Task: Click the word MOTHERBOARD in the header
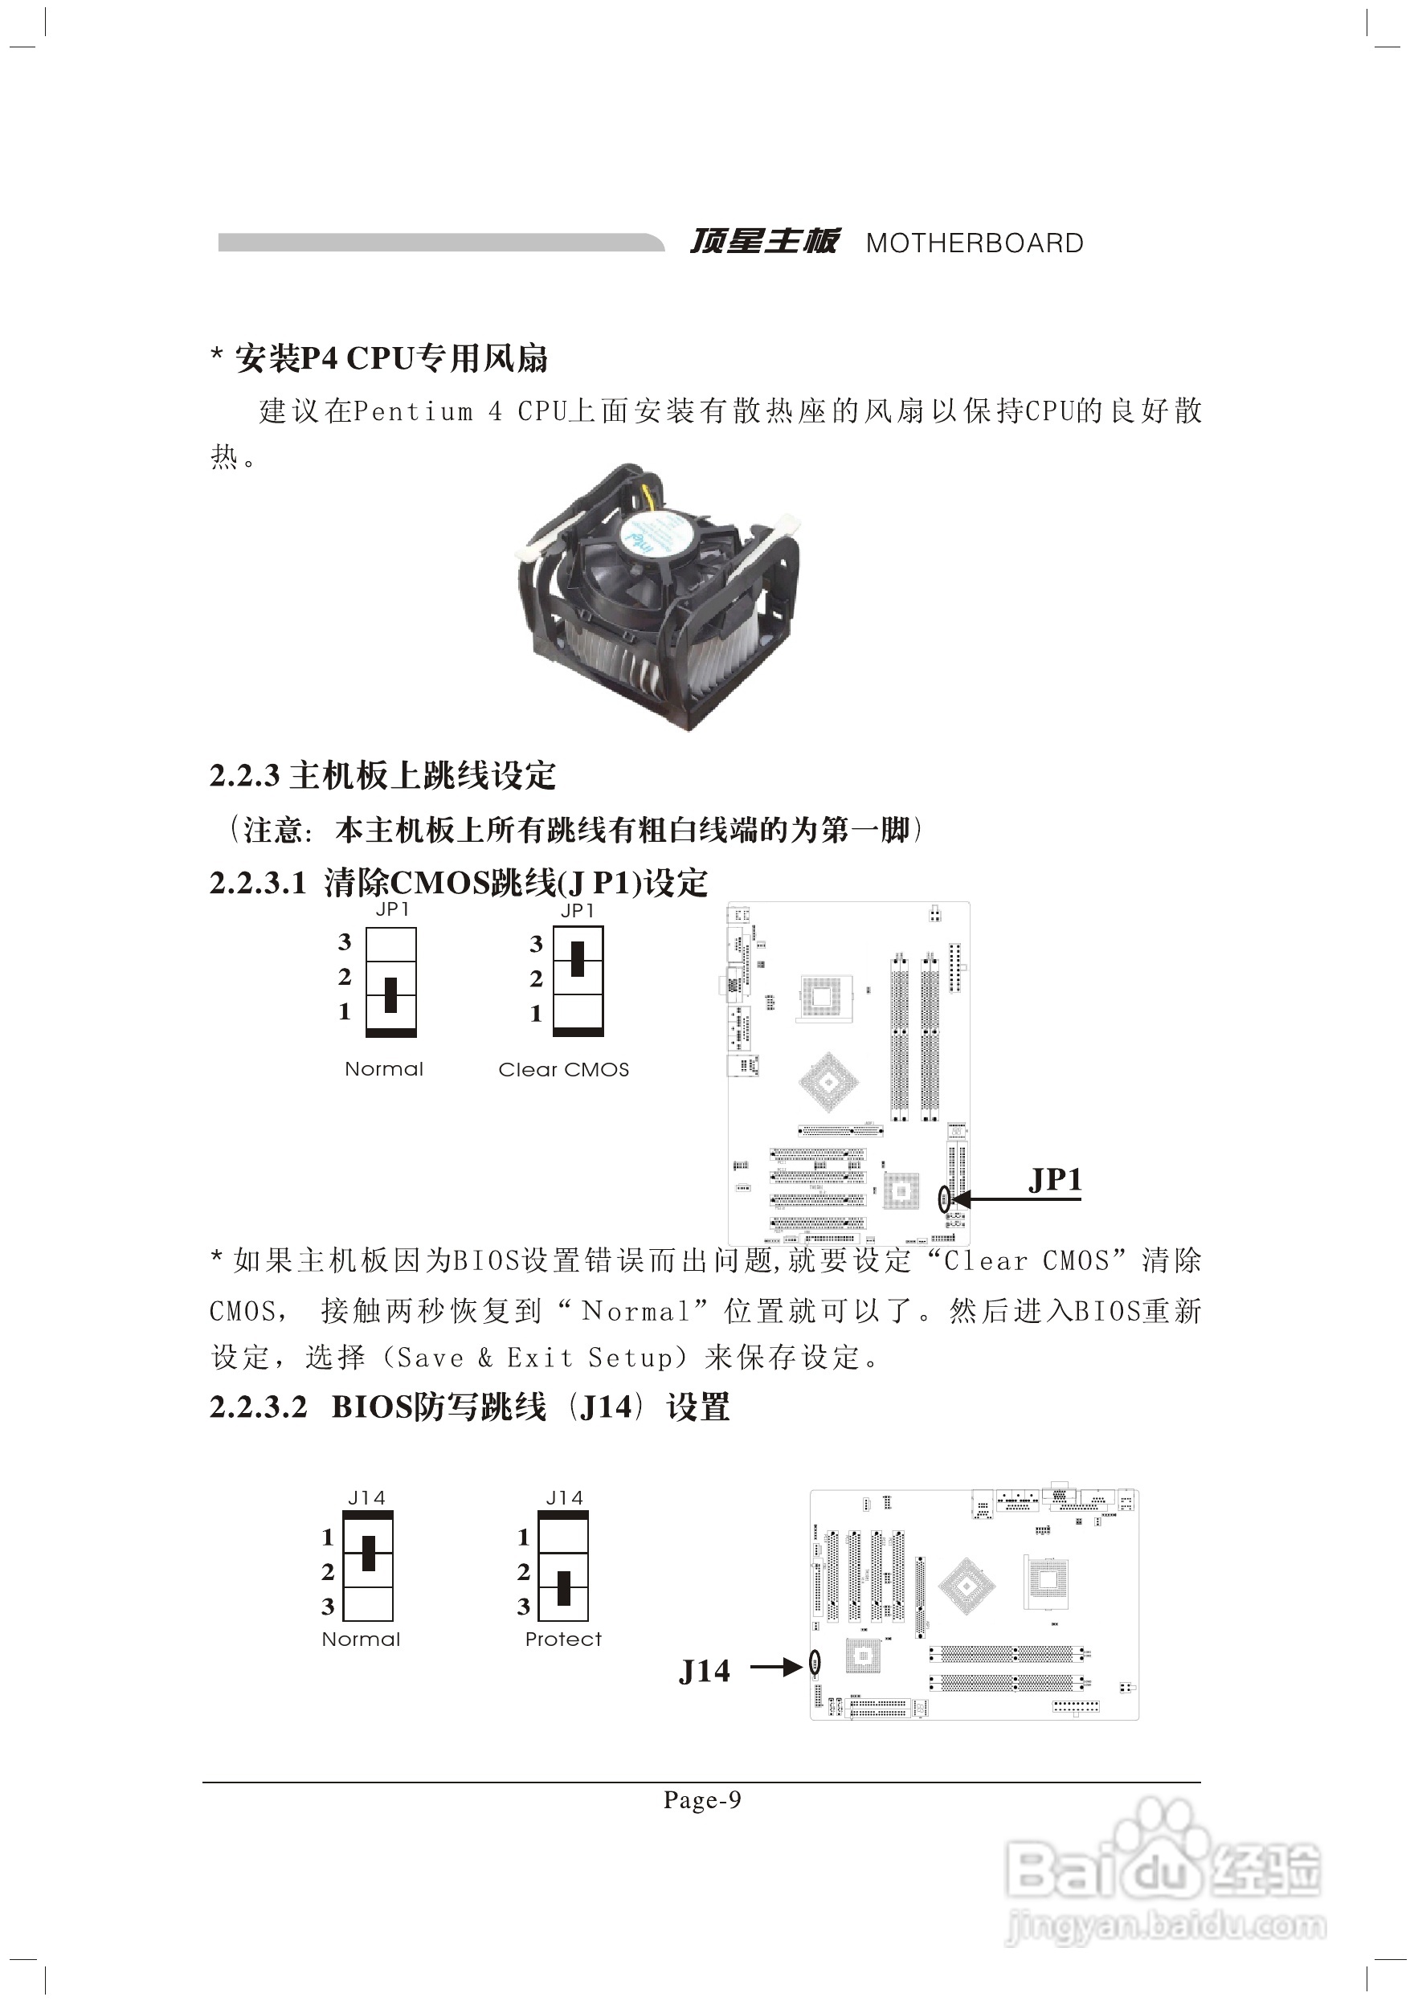pos(974,243)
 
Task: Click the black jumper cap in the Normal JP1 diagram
pos(390,994)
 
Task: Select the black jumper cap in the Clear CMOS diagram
pos(578,959)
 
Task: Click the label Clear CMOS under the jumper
pos(563,1070)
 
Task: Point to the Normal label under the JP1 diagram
pos(383,1069)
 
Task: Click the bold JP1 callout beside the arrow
pos(1055,1180)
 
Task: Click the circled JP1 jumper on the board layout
pos(943,1199)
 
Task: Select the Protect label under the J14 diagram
pos(562,1640)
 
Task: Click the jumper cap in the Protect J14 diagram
pos(563,1587)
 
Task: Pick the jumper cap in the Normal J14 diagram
pos(369,1553)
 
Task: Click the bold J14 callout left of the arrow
pos(704,1672)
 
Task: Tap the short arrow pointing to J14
pos(774,1667)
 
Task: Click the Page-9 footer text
pos(701,1800)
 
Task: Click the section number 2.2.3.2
pos(259,1407)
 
